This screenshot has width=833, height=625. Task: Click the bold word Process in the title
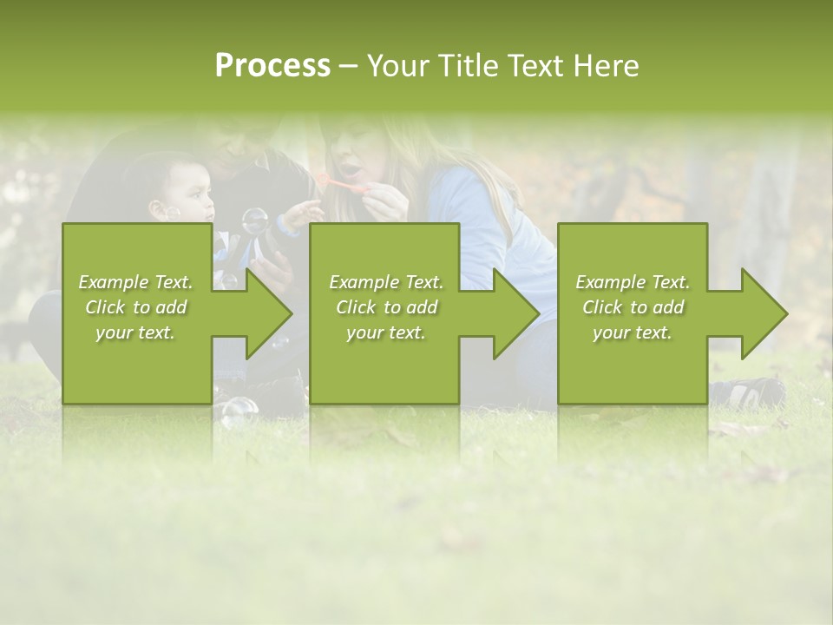pyautogui.click(x=272, y=66)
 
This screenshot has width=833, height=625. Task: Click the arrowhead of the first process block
pyautogui.click(x=269, y=312)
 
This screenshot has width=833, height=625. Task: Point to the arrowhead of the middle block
pyautogui.click(x=516, y=312)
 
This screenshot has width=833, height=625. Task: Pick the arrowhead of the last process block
pyautogui.click(x=764, y=312)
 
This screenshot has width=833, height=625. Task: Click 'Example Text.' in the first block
pyautogui.click(x=135, y=282)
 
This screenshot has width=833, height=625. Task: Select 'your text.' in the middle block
pyautogui.click(x=386, y=332)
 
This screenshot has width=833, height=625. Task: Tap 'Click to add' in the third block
pyautogui.click(x=633, y=307)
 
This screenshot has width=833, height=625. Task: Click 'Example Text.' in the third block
pyautogui.click(x=633, y=282)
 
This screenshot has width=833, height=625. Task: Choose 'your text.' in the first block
pyautogui.click(x=135, y=332)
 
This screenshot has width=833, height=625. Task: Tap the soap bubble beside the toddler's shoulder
pyautogui.click(x=254, y=220)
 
